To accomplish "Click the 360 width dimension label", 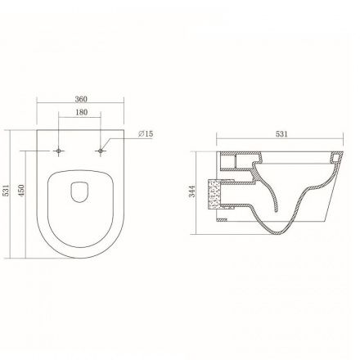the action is [x=81, y=99].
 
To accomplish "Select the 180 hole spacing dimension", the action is [x=81, y=112].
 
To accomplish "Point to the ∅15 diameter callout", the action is [x=146, y=134].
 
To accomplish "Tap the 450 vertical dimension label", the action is [x=21, y=190].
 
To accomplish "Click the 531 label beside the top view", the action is [x=6, y=190].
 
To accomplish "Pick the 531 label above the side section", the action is [x=281, y=134].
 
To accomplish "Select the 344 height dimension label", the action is [x=192, y=191].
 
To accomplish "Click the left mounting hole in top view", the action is [x=58, y=151].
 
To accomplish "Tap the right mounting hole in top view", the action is [x=101, y=151].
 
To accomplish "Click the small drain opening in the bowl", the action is [x=79, y=192].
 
